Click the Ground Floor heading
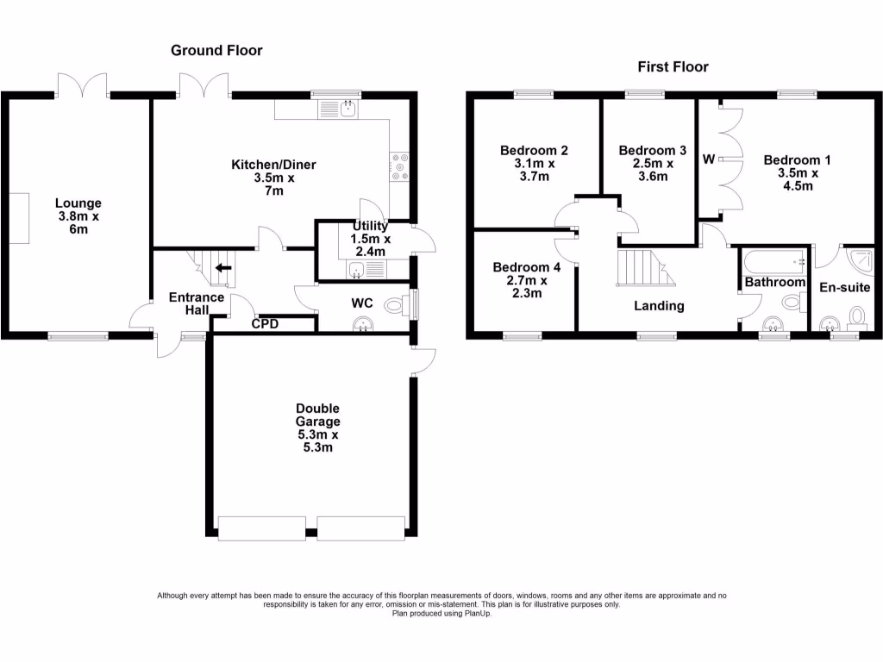(x=216, y=51)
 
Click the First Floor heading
(x=673, y=66)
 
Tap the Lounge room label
(x=73, y=216)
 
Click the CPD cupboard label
(x=265, y=324)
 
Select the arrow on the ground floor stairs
(x=223, y=268)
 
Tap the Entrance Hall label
(x=197, y=304)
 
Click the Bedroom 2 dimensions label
(x=534, y=170)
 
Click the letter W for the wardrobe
(x=709, y=159)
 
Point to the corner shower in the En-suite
(x=861, y=259)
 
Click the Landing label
(x=659, y=305)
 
